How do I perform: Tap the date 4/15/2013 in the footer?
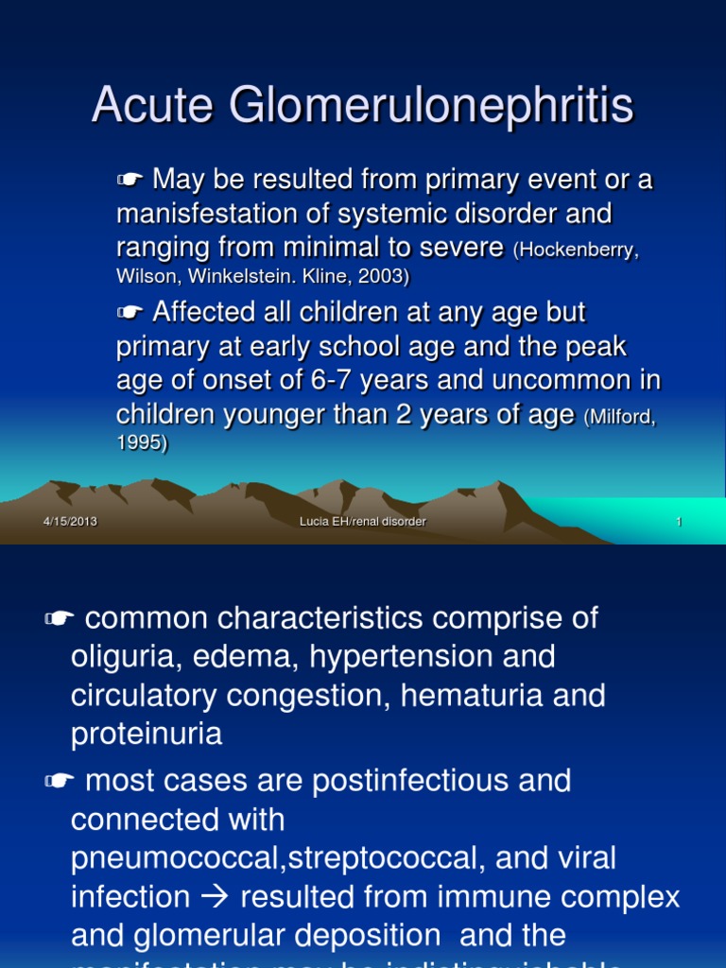tap(70, 522)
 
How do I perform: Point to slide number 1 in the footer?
tap(679, 522)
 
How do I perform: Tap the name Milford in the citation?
tap(619, 417)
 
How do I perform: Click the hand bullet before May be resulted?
tap(130, 181)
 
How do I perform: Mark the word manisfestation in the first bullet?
tap(199, 214)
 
